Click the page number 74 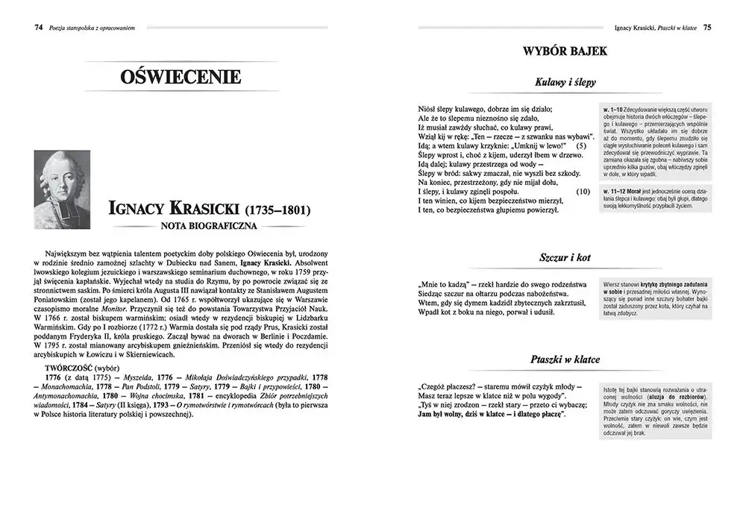click(38, 28)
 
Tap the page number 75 click(707, 28)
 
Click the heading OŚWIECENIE click(180, 77)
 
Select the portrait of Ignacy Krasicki click(63, 189)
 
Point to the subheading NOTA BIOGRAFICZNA click(204, 224)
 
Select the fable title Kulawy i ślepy click(565, 82)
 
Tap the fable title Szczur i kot click(565, 257)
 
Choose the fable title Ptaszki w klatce click(565, 359)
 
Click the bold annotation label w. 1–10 click(615, 110)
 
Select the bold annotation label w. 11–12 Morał click(623, 191)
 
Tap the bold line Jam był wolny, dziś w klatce click(492, 414)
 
